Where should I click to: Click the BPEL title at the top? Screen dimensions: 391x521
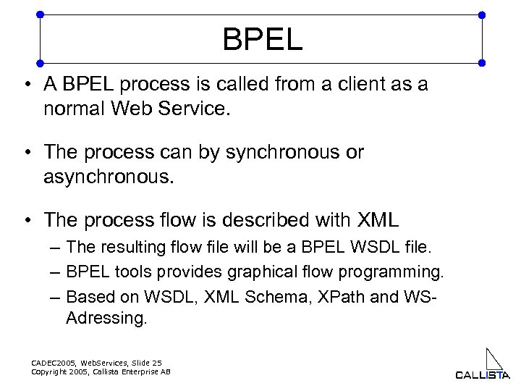click(262, 39)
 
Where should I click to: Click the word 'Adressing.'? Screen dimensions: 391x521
click(106, 319)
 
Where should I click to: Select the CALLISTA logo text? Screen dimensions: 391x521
click(482, 374)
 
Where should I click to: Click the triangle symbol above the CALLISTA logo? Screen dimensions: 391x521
click(494, 359)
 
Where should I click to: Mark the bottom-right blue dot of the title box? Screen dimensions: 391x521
click(482, 63)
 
